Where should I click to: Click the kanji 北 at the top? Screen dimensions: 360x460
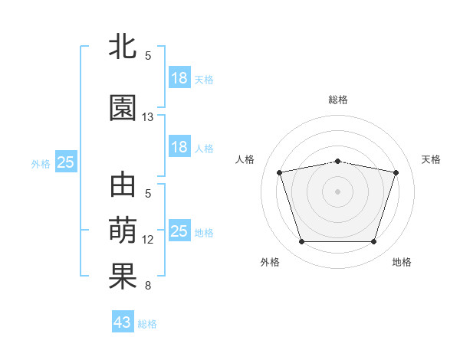[123, 47]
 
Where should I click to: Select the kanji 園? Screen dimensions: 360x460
[123, 108]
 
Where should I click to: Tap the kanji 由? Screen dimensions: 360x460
[123, 185]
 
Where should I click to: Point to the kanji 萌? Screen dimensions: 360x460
[123, 230]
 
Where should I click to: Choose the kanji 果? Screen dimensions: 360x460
[123, 277]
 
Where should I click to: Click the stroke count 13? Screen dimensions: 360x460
[148, 117]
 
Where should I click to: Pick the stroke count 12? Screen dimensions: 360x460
[148, 240]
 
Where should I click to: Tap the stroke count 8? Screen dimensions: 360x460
[148, 286]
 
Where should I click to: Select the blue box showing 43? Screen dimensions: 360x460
[123, 322]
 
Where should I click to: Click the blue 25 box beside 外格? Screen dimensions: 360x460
[66, 162]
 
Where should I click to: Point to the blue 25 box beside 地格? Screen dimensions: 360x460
[179, 231]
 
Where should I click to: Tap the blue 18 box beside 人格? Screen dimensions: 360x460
[179, 147]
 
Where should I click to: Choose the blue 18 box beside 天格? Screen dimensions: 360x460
[179, 78]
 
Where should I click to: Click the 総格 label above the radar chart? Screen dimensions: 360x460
[338, 100]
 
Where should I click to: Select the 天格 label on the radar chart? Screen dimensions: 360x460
[432, 159]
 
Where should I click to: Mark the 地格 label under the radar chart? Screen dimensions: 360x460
[402, 263]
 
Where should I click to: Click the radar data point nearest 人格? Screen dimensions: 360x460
[280, 172]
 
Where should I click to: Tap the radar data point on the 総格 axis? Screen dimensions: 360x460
[338, 161]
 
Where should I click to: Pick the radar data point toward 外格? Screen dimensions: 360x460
[302, 242]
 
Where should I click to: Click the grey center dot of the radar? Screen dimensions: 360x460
[338, 191]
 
